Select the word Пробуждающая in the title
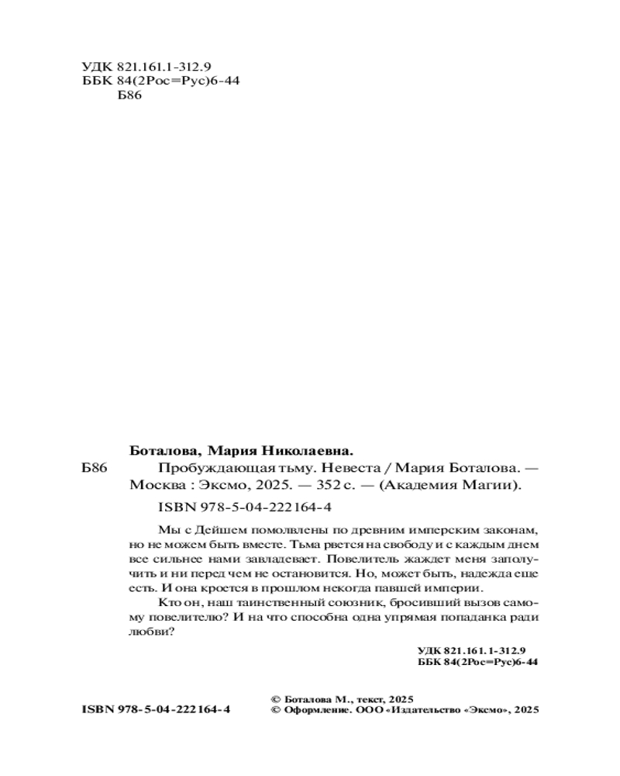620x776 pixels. coord(202,469)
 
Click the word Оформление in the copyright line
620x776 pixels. coord(312,709)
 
